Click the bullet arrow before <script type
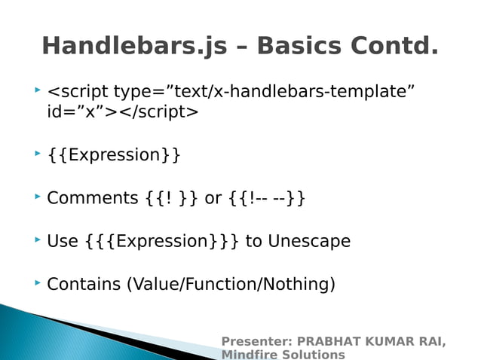[x=36, y=90]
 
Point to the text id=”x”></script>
[x=123, y=113]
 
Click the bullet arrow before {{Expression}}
[x=36, y=154]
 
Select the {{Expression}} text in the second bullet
[x=114, y=156]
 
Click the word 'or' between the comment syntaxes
[x=213, y=199]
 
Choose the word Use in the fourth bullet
[x=63, y=242]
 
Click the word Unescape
[x=309, y=242]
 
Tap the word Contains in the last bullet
[x=83, y=285]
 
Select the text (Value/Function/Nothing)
[x=231, y=285]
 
